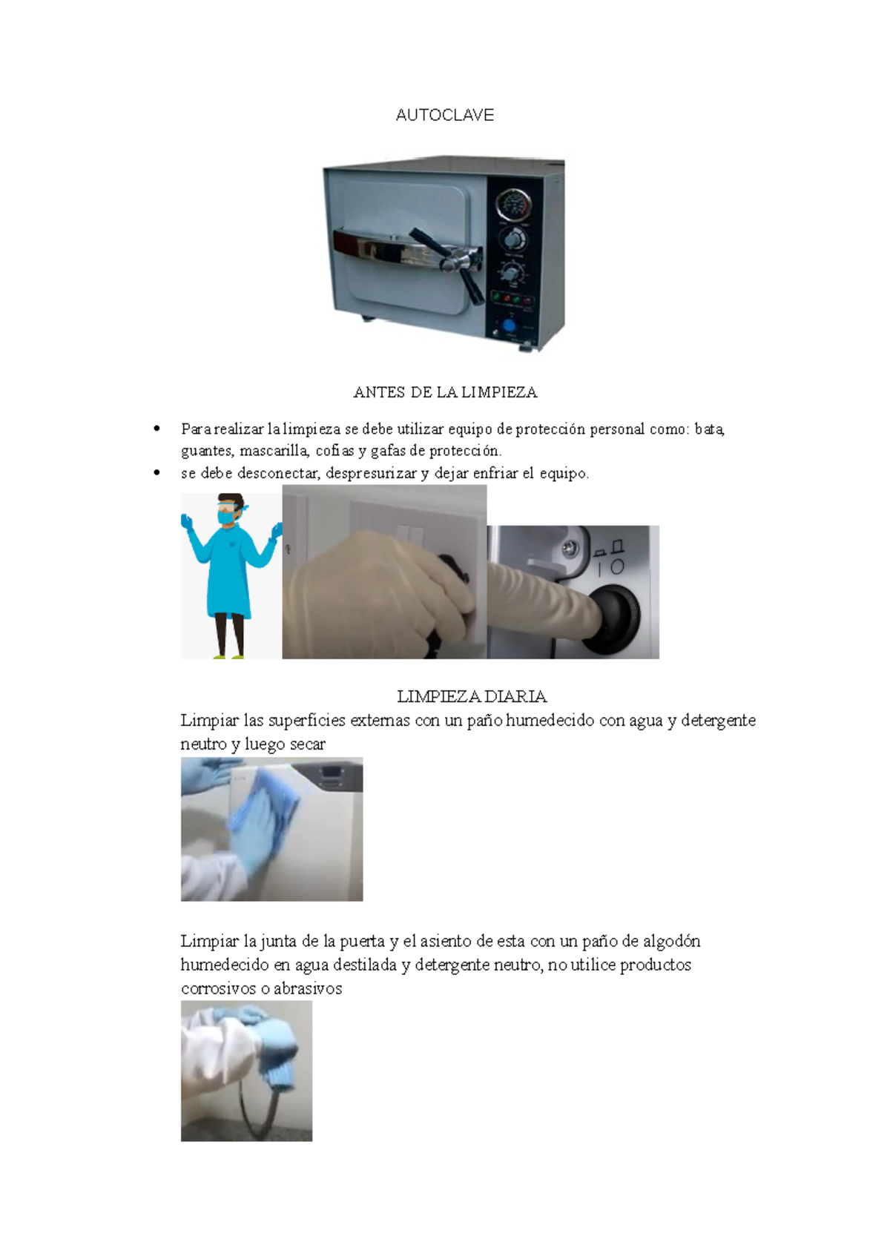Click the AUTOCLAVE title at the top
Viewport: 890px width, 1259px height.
click(444, 115)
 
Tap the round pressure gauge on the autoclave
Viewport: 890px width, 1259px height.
click(512, 205)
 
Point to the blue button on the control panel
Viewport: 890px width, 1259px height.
click(510, 325)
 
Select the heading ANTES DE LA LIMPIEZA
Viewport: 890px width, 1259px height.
click(445, 392)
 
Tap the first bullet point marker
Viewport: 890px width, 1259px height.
click(156, 429)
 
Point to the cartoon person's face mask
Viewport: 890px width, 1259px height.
click(226, 516)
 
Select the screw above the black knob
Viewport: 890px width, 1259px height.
click(570, 549)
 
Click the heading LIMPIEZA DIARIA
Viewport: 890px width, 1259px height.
click(472, 696)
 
